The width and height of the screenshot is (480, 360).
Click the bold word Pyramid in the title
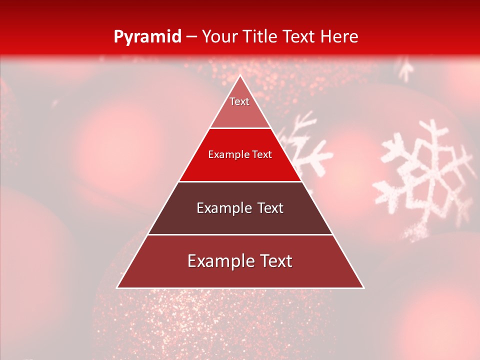coord(147,36)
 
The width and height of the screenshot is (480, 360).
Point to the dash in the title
coord(191,37)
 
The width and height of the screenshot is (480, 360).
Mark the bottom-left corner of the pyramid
coord(117,287)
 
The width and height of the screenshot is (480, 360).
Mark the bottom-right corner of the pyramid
coord(363,287)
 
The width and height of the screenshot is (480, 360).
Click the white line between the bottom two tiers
coord(240,234)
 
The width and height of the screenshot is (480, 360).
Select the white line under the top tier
coord(240,128)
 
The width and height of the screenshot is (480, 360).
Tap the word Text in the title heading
coord(303,36)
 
